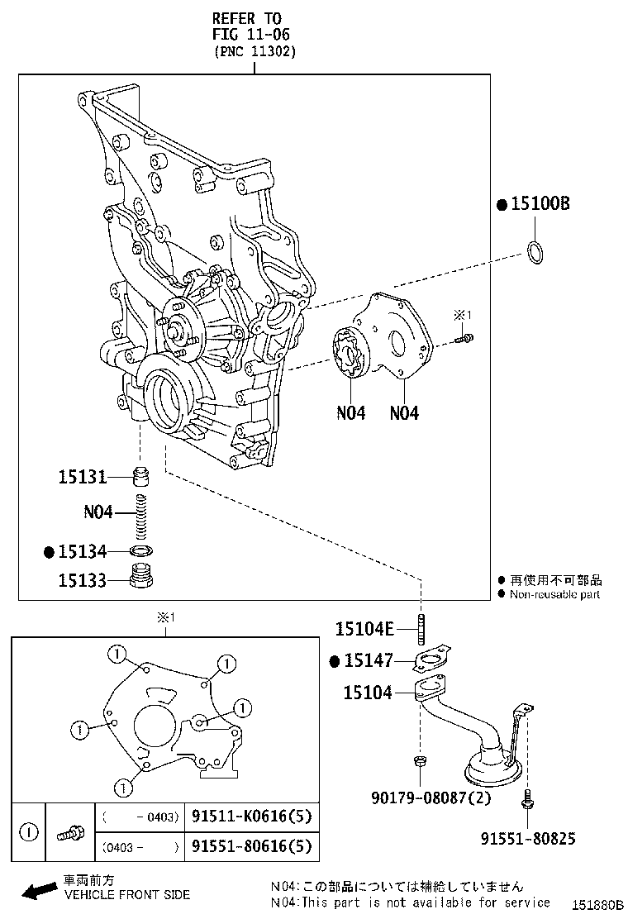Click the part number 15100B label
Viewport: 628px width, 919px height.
click(x=540, y=205)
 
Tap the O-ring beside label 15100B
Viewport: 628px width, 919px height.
click(x=536, y=254)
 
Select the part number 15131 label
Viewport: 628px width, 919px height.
click(x=83, y=477)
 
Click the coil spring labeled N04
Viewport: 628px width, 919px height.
click(x=145, y=513)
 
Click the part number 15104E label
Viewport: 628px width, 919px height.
click(x=364, y=629)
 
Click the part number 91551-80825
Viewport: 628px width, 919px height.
click(x=528, y=839)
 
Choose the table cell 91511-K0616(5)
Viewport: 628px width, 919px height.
click(x=251, y=817)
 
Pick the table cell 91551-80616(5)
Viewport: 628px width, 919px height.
click(x=251, y=846)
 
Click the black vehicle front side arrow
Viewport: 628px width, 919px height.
click(x=37, y=891)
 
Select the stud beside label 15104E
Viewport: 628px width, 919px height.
click(x=421, y=629)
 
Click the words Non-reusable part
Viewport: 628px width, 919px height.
click(x=554, y=594)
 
